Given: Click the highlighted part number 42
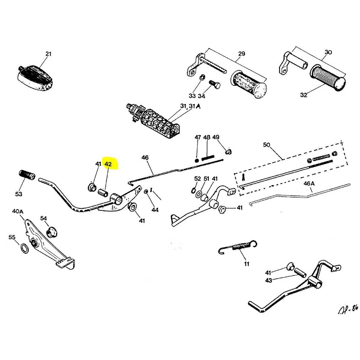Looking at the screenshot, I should pos(108,164).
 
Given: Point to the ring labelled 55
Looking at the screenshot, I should pos(25,248).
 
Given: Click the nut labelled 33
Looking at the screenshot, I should pos(202,77).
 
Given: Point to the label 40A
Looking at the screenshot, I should pos(18,211).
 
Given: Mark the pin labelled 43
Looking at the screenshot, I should pos(299,273).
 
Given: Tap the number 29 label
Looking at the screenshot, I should pos(241,54).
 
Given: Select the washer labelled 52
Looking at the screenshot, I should pos(193,190).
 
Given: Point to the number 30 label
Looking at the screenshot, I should pos(328,52).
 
